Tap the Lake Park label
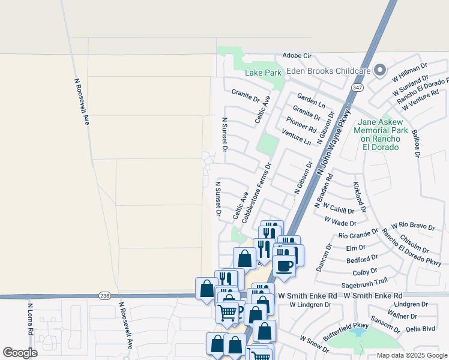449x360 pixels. (263, 73)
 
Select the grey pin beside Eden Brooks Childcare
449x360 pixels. (379, 71)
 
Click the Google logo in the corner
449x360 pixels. (20, 353)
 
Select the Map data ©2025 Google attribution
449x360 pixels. (411, 355)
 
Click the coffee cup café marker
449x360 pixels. (284, 265)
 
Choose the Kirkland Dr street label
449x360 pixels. (360, 198)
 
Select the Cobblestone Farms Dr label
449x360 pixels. (257, 193)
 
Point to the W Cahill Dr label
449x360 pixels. (339, 208)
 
